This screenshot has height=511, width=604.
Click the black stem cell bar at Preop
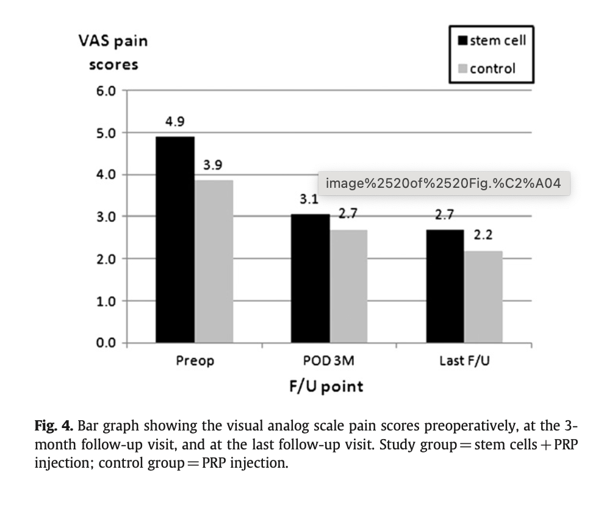pyautogui.click(x=175, y=240)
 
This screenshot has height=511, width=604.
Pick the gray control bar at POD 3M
pyautogui.click(x=349, y=286)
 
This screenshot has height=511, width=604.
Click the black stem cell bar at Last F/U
pyautogui.click(x=445, y=286)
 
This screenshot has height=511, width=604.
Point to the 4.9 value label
pyautogui.click(x=174, y=122)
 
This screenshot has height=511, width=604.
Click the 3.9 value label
pyautogui.click(x=213, y=165)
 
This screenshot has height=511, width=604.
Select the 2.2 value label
pyautogui.click(x=483, y=235)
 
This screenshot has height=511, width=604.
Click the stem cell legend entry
pyautogui.click(x=491, y=41)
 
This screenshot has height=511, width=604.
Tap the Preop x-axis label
pyautogui.click(x=195, y=361)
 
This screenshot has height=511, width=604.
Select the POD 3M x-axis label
pyautogui.click(x=329, y=361)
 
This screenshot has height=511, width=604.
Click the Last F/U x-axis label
pyautogui.click(x=464, y=361)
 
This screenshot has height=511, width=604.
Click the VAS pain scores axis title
pyautogui.click(x=113, y=52)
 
